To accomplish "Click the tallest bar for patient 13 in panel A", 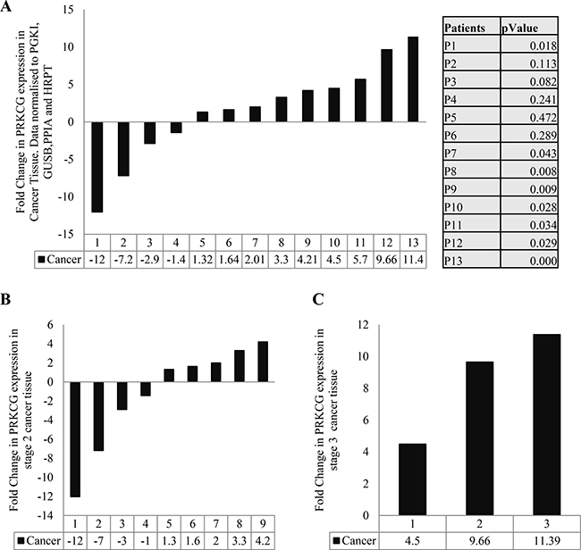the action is [x=413, y=79].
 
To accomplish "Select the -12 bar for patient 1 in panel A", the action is [x=97, y=167].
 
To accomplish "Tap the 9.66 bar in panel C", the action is [x=479, y=438].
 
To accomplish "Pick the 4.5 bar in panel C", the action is [x=413, y=479].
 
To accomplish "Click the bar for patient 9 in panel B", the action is [x=263, y=362].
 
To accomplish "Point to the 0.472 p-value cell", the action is [x=529, y=117].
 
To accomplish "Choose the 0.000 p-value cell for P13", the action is [x=529, y=261].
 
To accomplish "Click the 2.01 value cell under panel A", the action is [x=255, y=260].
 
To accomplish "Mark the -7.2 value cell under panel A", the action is [x=123, y=260].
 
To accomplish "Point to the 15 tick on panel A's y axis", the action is [x=69, y=10].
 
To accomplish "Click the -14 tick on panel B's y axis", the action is [x=46, y=515].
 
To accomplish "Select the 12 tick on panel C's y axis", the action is [x=363, y=325].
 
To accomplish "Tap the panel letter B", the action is [x=5, y=299].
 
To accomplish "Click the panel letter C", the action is [x=318, y=299].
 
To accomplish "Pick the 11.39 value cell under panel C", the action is [x=546, y=540].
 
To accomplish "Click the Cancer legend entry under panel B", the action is [x=39, y=541].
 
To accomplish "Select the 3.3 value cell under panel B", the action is [x=240, y=541].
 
